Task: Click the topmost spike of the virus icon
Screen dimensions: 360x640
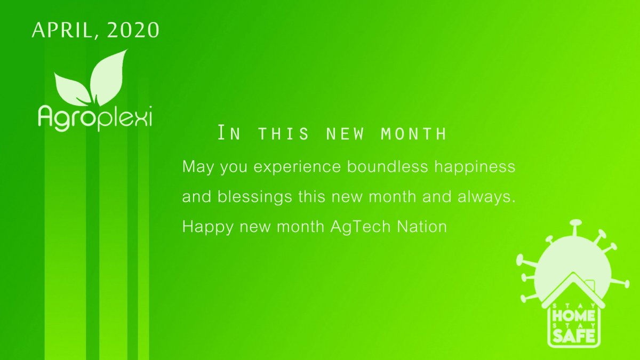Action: click(575, 222)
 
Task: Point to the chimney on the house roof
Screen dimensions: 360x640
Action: click(590, 285)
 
